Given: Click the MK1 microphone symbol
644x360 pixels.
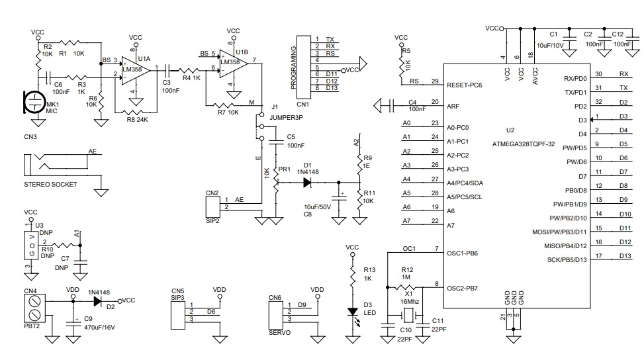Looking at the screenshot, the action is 34,102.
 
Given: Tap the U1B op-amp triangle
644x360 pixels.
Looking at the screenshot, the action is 234,64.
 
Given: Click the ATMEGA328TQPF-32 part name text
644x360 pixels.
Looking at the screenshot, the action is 524,144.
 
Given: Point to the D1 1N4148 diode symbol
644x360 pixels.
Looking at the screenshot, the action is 307,182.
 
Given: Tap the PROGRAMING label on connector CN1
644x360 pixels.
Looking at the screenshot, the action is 293,67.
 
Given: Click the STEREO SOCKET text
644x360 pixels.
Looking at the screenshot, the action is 50,185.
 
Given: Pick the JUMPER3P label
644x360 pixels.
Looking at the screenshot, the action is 286,117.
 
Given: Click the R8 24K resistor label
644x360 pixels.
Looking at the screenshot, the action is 137,120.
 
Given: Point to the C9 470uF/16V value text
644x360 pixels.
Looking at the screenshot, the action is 99,328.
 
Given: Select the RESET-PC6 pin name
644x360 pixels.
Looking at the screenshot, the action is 464,85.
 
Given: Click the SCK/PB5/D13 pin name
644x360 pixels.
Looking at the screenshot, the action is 567,260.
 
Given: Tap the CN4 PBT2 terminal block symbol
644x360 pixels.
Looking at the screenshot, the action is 34,308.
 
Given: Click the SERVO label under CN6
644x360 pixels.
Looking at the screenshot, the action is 279,332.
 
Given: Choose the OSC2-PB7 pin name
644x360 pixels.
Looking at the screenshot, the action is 462,288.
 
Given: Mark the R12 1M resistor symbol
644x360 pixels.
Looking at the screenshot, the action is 406,287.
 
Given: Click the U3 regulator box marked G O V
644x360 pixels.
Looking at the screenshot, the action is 31,245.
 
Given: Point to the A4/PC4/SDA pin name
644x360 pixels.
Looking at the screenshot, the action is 465,183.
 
